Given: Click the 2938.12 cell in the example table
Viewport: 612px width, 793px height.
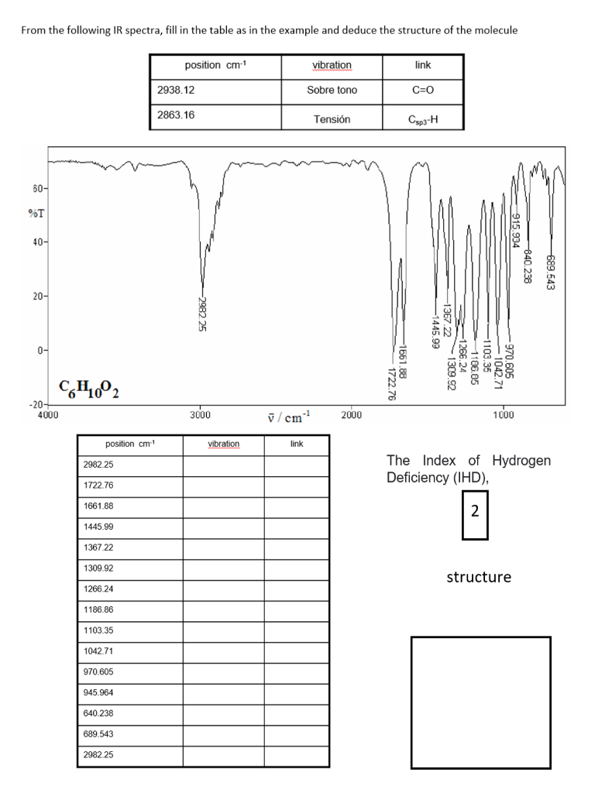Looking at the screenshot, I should [176, 90].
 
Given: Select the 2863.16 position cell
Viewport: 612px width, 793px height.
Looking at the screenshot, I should [176, 115].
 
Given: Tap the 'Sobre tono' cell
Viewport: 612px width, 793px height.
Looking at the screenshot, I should [332, 90].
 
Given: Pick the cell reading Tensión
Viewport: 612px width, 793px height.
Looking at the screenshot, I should [332, 119].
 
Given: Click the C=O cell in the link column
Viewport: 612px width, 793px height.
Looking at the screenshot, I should [423, 90].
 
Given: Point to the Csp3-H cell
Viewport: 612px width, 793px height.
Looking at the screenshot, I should [423, 119].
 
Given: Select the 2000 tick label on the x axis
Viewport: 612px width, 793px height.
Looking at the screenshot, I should [351, 416].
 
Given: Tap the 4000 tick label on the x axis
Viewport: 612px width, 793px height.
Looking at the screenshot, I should [48, 416].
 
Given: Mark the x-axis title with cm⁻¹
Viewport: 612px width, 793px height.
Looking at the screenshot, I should [283, 417].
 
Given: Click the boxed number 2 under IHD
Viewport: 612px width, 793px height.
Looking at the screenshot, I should [475, 511].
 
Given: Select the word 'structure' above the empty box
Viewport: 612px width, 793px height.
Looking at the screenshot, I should [479, 577].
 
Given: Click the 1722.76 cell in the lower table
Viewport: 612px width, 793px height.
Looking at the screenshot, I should [98, 485].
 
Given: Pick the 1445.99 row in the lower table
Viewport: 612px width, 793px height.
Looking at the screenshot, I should [98, 527].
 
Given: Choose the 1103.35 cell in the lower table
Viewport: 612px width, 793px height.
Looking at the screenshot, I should [98, 630].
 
